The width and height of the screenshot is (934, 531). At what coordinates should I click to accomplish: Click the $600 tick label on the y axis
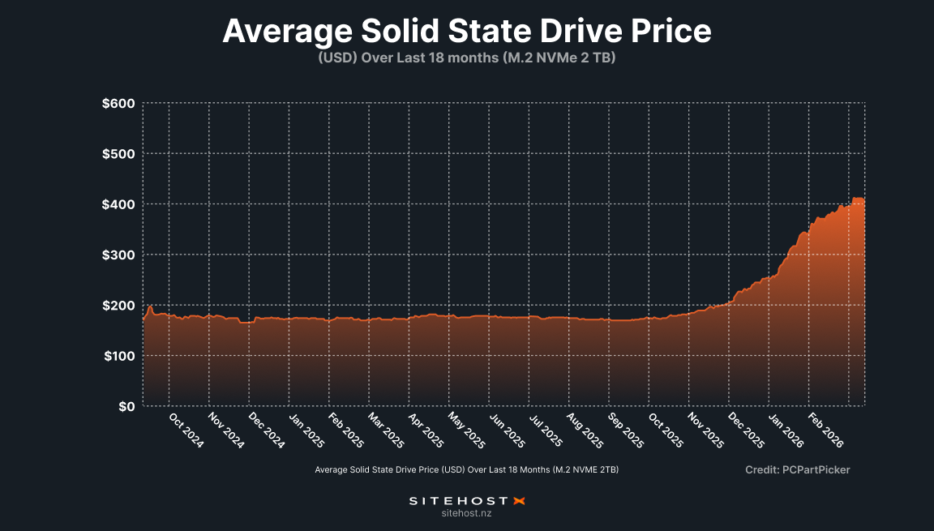click(x=118, y=104)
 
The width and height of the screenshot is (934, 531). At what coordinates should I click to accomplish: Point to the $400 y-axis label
click(x=118, y=204)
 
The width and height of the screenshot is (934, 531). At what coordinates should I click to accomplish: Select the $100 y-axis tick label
click(x=118, y=356)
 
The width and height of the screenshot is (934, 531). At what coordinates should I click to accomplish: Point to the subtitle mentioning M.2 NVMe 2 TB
click(x=466, y=58)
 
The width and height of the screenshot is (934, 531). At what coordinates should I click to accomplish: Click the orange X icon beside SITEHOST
click(x=521, y=501)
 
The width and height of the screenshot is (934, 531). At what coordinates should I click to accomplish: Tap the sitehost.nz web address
click(x=467, y=513)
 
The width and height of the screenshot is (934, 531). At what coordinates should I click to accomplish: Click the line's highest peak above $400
click(x=857, y=199)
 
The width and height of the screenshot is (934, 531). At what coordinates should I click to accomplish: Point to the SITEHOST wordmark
click(x=458, y=501)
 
